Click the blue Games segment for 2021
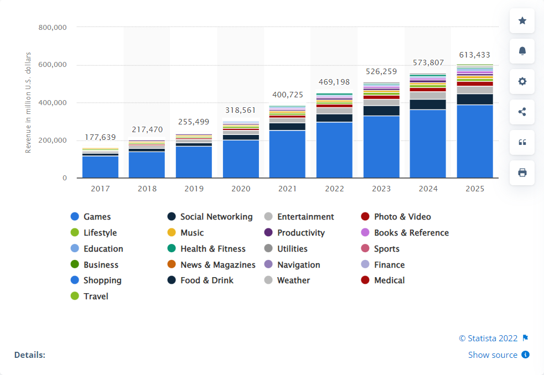click(x=287, y=154)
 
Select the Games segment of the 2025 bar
click(x=475, y=141)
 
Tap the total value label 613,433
click(x=475, y=55)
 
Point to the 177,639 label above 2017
click(x=100, y=137)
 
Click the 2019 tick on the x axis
click(x=194, y=189)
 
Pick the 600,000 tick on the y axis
click(x=53, y=65)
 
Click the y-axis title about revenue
click(x=28, y=102)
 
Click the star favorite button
click(x=522, y=20)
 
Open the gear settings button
click(x=522, y=81)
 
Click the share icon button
click(x=522, y=112)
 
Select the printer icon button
click(x=522, y=173)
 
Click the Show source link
click(x=493, y=355)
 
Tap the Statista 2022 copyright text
click(x=488, y=338)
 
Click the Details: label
click(x=30, y=355)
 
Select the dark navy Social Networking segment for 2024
click(x=428, y=104)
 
